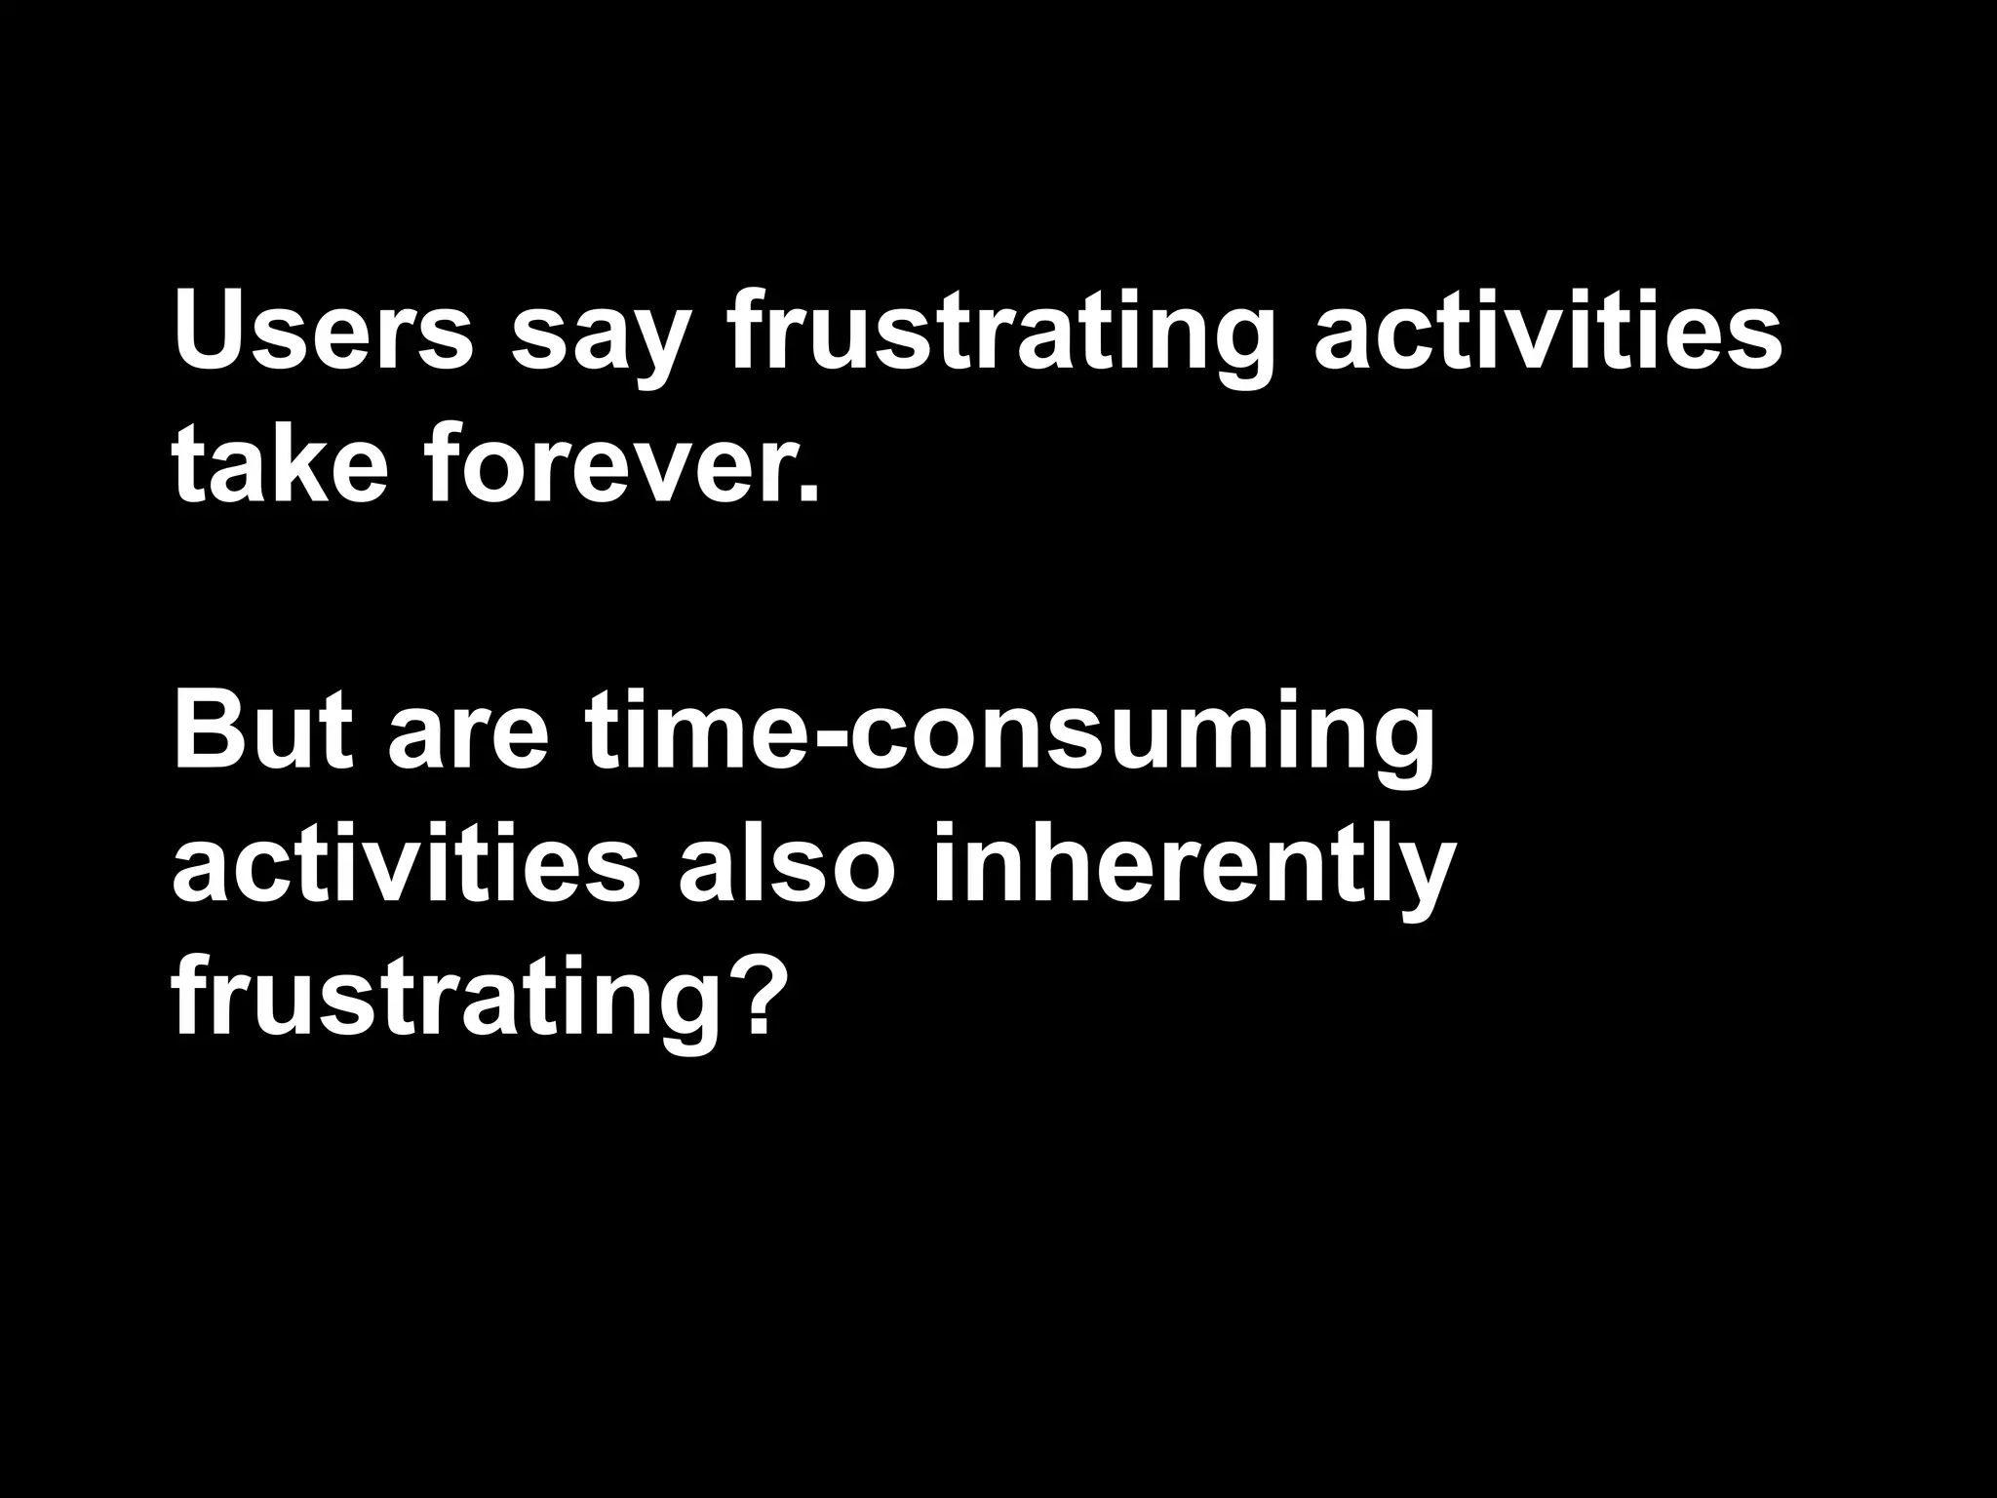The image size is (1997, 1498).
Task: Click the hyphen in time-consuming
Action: (x=826, y=736)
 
